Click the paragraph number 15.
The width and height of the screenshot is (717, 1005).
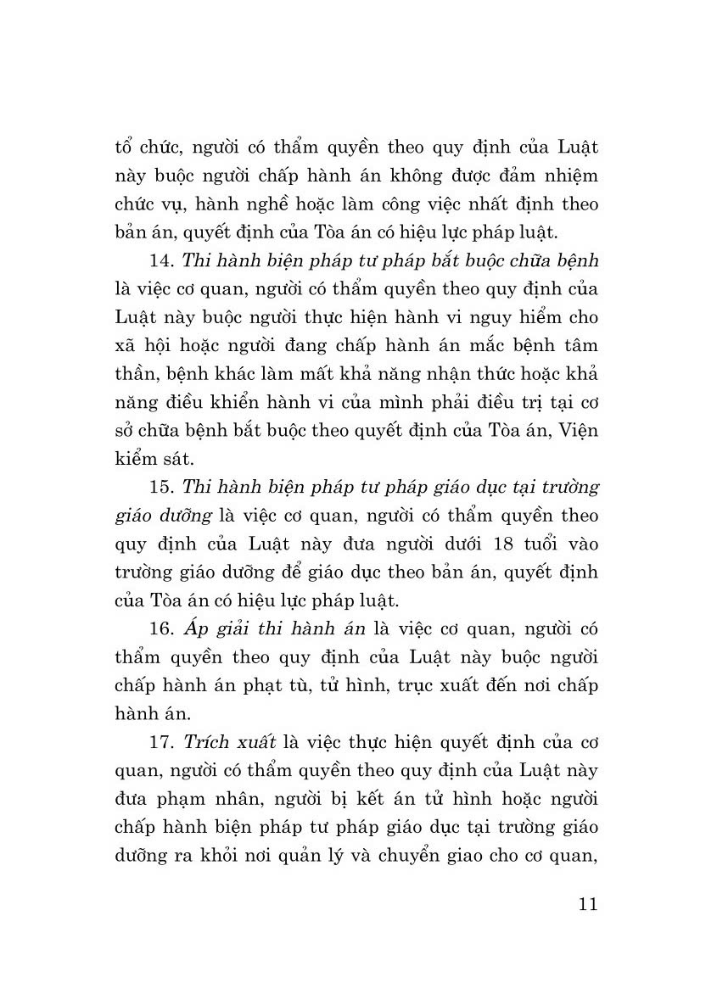(x=159, y=487)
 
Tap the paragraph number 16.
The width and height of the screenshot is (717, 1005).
(x=159, y=628)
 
